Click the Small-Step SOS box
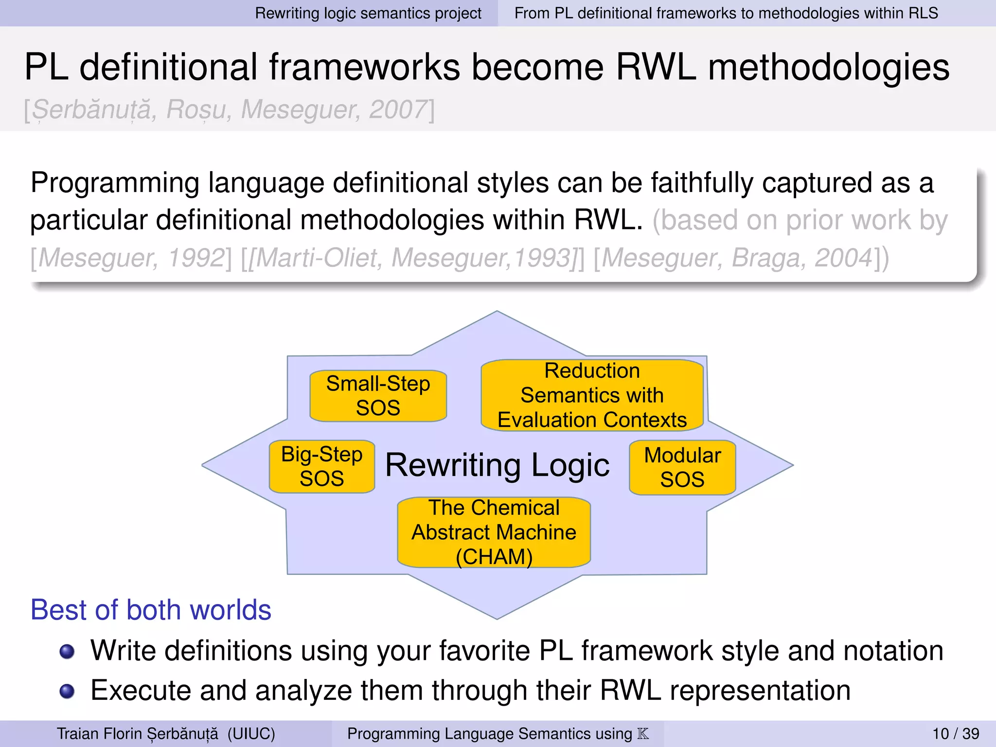pyautogui.click(x=378, y=395)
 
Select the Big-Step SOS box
pyautogui.click(x=321, y=466)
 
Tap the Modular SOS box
pyautogui.click(x=682, y=467)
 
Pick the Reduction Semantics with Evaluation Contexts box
pyautogui.click(x=592, y=395)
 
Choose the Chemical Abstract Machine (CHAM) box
pyautogui.click(x=494, y=532)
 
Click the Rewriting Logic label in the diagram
pyautogui.click(x=497, y=465)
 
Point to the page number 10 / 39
pyautogui.click(x=956, y=733)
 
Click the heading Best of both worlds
pyautogui.click(x=151, y=610)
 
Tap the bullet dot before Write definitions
pyautogui.click(x=67, y=651)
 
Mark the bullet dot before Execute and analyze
pyautogui.click(x=67, y=691)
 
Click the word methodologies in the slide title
pyautogui.click(x=828, y=67)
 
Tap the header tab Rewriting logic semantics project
pyautogui.click(x=368, y=13)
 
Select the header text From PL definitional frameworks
pyautogui.click(x=726, y=13)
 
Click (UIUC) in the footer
pyautogui.click(x=251, y=733)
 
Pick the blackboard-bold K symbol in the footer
pyautogui.click(x=643, y=733)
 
